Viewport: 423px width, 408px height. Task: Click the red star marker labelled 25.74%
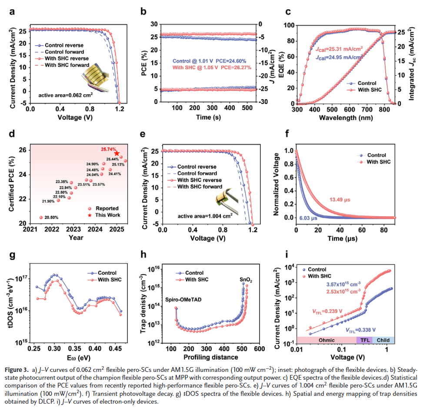[x=117, y=154]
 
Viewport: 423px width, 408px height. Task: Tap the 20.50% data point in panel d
[x=41, y=217]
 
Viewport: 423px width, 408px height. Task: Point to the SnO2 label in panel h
[x=245, y=280]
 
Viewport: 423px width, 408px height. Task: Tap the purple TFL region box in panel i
[x=364, y=340]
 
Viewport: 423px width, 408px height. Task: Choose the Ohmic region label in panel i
[x=327, y=340]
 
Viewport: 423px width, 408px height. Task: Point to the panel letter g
[x=12, y=255]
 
